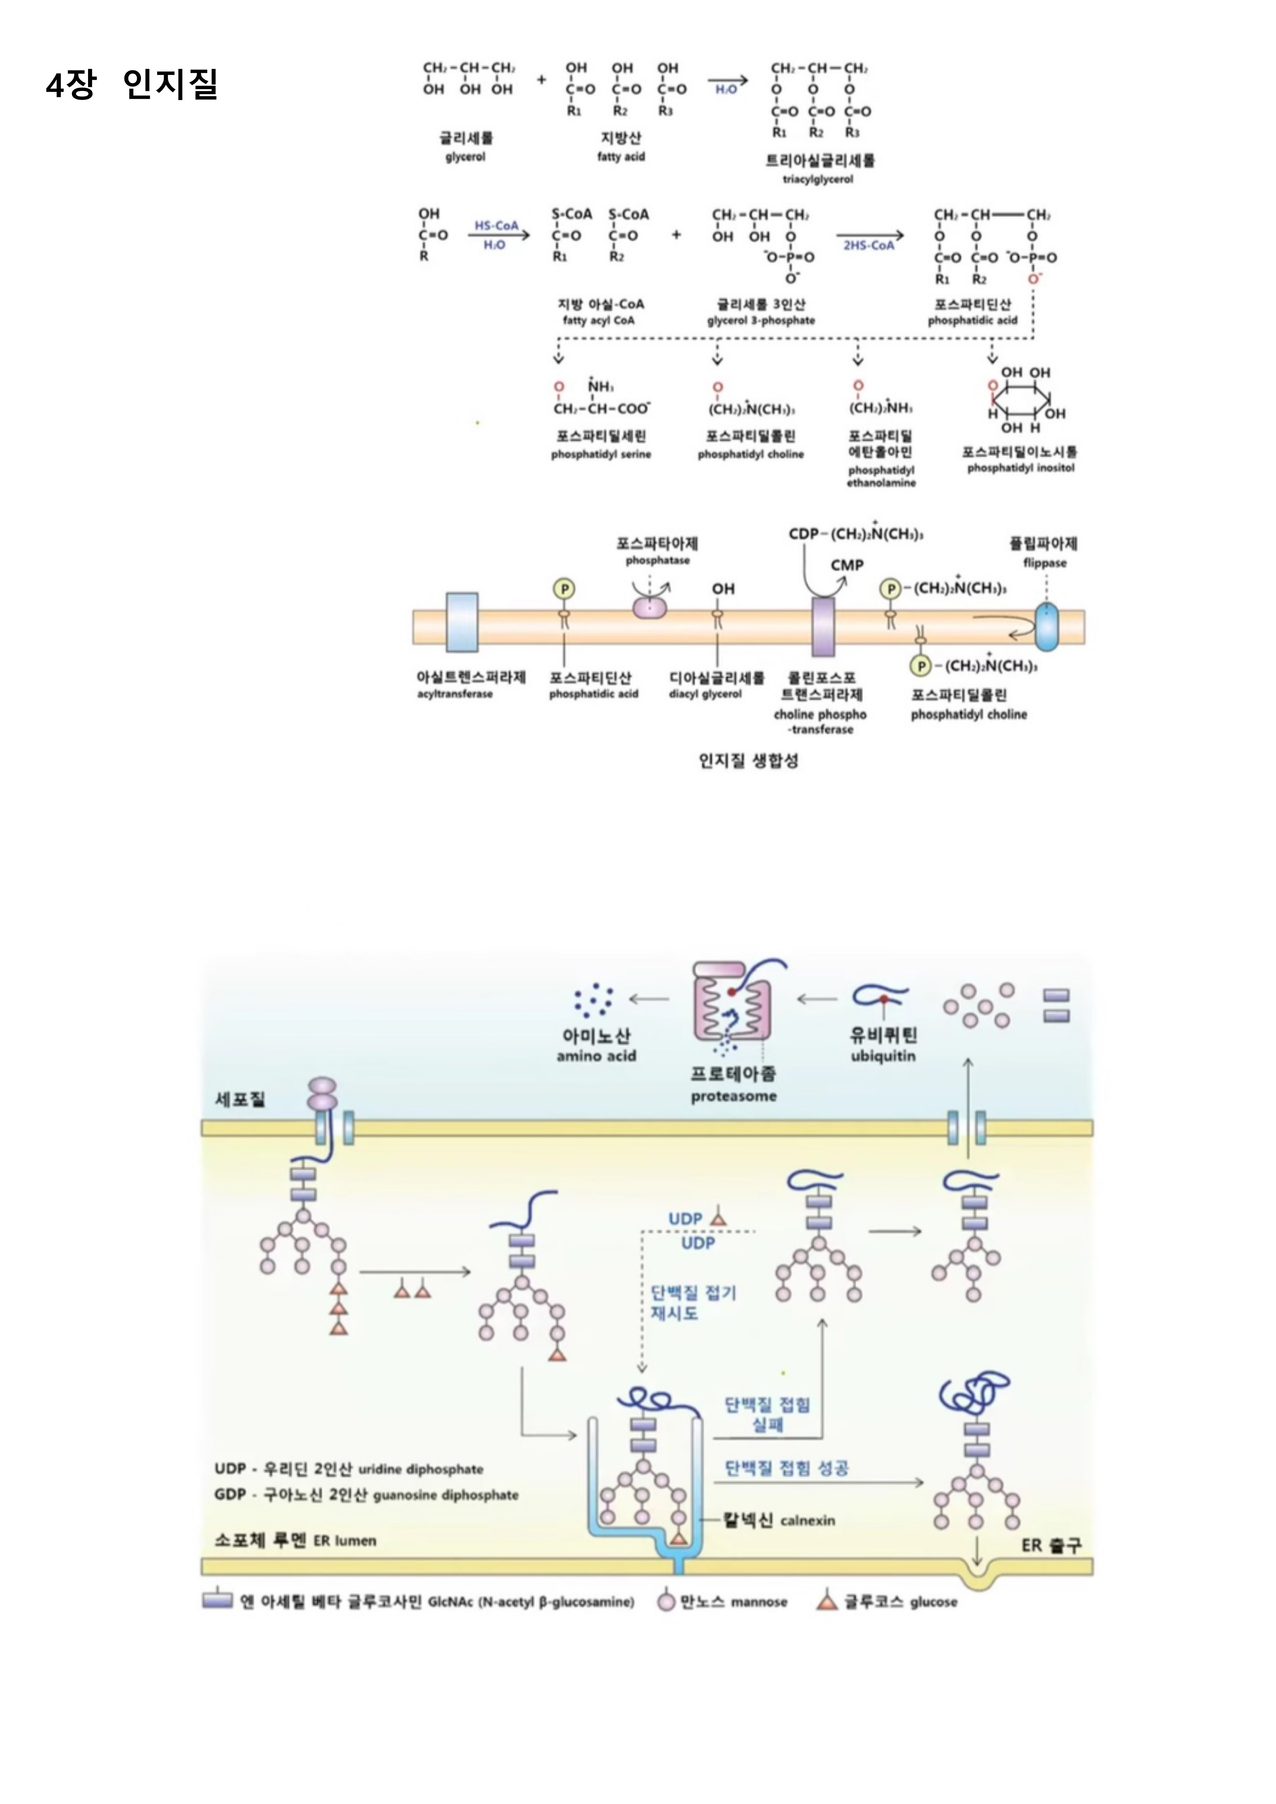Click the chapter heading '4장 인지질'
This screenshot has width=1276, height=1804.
131,84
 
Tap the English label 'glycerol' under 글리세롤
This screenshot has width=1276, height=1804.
465,157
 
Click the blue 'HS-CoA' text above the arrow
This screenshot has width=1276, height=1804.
496,226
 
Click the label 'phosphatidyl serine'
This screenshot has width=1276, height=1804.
601,454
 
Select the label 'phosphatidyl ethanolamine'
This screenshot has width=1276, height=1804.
881,476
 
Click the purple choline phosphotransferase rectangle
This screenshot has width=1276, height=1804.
823,626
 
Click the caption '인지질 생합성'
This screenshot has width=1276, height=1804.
748,761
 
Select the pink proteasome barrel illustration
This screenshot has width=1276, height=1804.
731,1003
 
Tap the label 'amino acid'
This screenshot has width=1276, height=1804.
596,1056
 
